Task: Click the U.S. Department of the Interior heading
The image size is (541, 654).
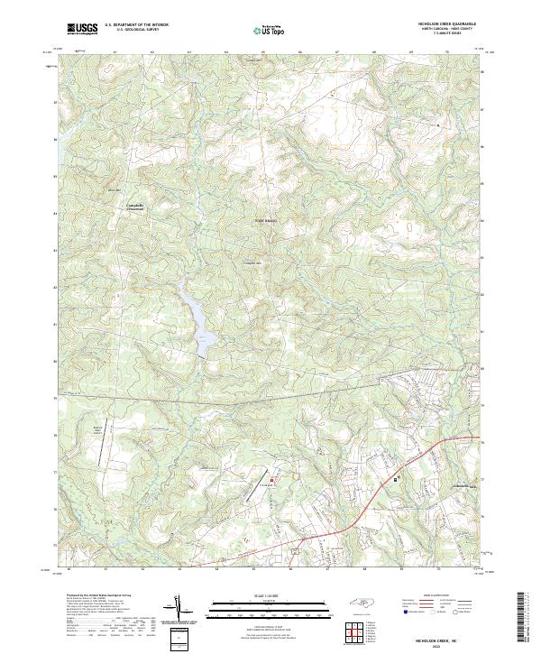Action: coord(136,25)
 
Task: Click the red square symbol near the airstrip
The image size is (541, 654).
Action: coord(272,480)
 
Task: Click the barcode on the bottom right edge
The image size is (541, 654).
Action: coord(522,621)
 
